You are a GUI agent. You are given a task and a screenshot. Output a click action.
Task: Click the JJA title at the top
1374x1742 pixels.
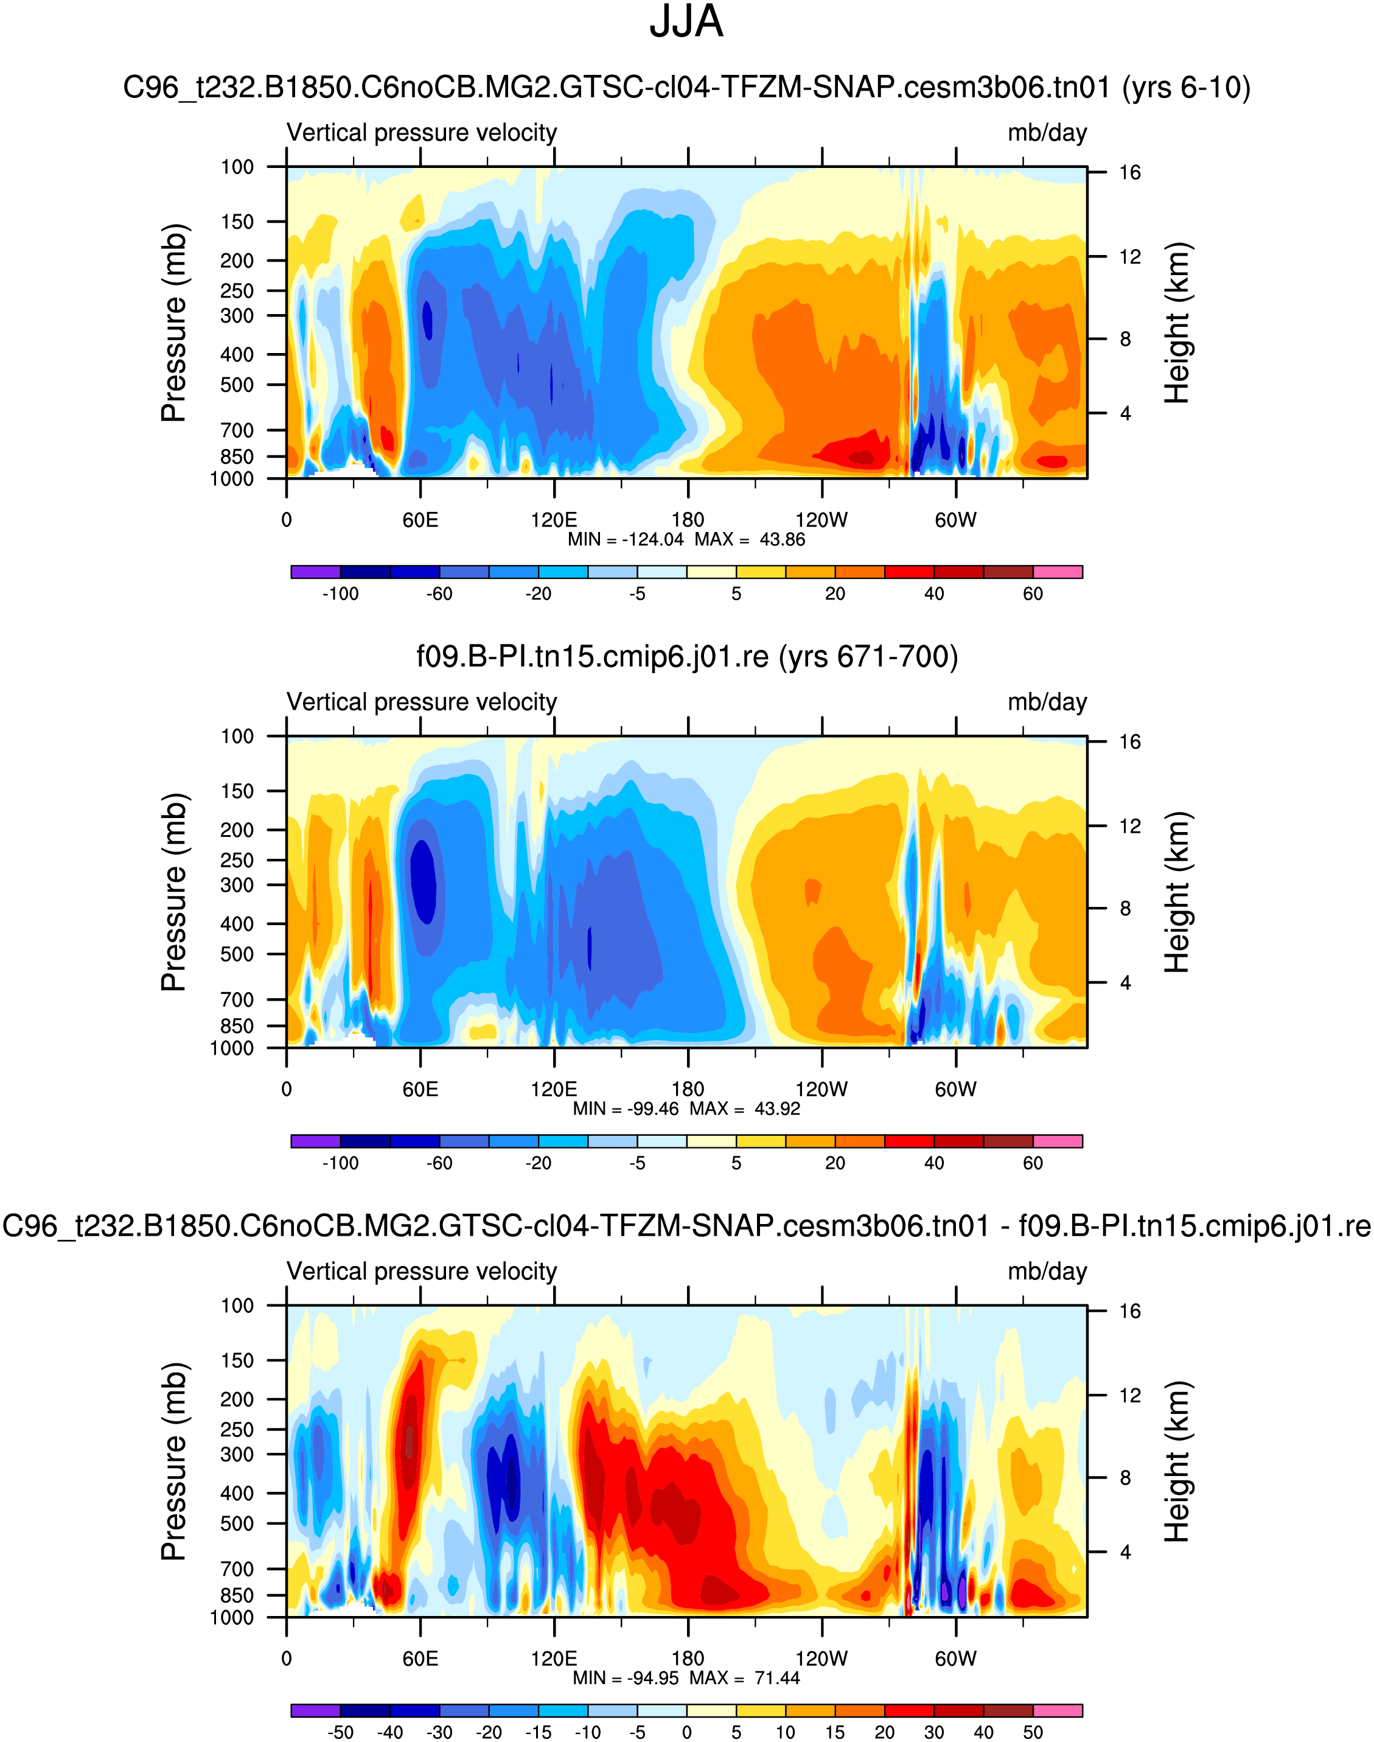click(686, 22)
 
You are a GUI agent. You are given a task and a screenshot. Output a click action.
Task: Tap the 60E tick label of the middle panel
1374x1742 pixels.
click(420, 1089)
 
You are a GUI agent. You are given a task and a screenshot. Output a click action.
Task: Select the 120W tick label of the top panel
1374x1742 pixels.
click(821, 520)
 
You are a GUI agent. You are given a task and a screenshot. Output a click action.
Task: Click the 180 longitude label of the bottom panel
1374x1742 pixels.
click(688, 1659)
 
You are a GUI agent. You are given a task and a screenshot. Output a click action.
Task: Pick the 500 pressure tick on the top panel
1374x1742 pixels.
click(237, 385)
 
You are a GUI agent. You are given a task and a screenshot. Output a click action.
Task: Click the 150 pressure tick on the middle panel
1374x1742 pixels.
click(237, 791)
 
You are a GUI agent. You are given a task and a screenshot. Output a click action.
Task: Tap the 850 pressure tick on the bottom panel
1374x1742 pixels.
click(237, 1595)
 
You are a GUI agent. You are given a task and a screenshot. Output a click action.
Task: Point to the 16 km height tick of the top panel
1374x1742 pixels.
click(1129, 172)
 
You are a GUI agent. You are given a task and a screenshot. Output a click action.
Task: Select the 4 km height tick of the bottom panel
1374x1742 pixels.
click(1125, 1551)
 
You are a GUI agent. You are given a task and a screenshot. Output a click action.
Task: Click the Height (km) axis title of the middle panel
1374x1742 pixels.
click(1177, 892)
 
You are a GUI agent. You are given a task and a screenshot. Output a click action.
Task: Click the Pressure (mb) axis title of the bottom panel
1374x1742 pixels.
click(174, 1461)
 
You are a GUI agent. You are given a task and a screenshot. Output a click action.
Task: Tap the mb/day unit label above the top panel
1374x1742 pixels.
click(1047, 133)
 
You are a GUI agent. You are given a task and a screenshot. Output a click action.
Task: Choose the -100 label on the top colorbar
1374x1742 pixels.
click(340, 594)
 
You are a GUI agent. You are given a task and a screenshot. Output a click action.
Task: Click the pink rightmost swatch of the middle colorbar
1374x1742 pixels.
click(1057, 1141)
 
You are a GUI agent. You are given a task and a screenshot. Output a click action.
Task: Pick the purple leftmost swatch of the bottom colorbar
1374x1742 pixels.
click(315, 1710)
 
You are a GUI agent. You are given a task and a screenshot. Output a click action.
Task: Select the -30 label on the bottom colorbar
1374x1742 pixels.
click(439, 1732)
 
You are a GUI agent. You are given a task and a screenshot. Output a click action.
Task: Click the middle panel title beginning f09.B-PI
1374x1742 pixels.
click(687, 657)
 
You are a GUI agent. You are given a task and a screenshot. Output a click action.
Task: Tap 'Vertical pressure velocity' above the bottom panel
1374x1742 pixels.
click(422, 1272)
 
